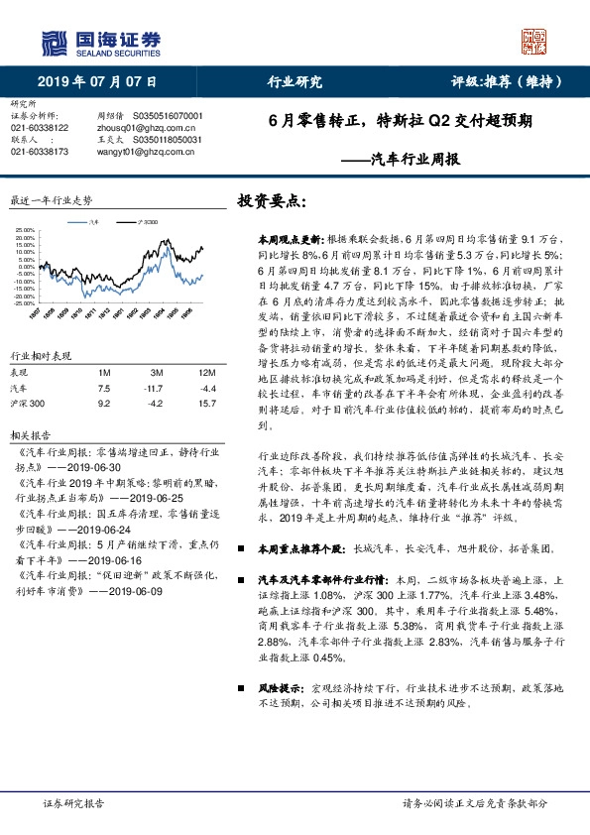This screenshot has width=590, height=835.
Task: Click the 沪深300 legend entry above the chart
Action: tap(144, 223)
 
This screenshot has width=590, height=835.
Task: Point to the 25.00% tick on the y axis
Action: tap(24, 231)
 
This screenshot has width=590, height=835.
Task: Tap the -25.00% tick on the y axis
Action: tap(23, 302)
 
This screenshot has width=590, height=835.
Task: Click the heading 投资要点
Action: tap(272, 199)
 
